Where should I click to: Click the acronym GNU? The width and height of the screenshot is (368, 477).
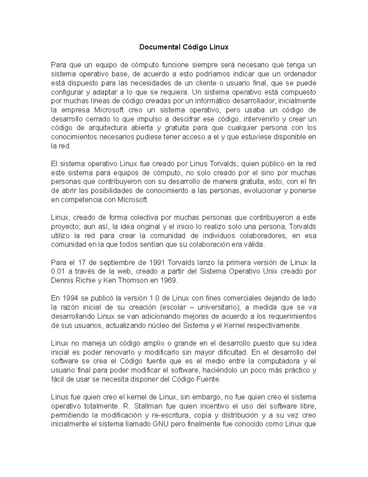tap(158, 424)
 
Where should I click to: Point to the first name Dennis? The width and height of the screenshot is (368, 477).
tap(61, 280)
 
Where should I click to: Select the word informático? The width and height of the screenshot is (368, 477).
tap(204, 101)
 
